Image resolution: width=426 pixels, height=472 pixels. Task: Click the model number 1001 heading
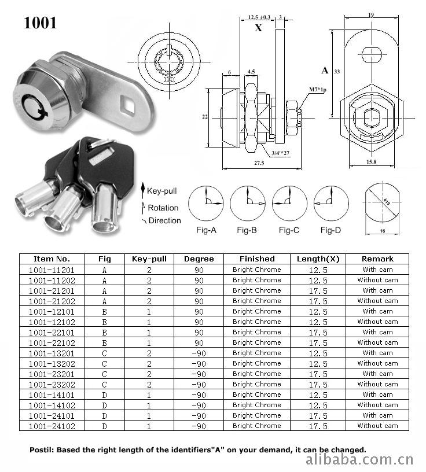coord(40,23)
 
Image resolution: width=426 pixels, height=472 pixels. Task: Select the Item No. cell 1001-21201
coord(52,291)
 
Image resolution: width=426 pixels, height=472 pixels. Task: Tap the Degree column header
coord(199,259)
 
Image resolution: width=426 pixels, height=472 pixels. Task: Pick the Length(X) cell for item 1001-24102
coord(318,426)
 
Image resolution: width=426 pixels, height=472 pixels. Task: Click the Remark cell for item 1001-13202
coord(377,363)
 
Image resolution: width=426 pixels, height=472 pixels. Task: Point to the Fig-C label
coord(289,230)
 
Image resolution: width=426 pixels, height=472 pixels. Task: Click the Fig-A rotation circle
coord(206,203)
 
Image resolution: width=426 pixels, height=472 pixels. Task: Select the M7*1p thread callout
coord(318,90)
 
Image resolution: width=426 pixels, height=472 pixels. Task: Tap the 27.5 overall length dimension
coord(259,163)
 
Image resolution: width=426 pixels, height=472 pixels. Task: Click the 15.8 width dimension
coord(371,162)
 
